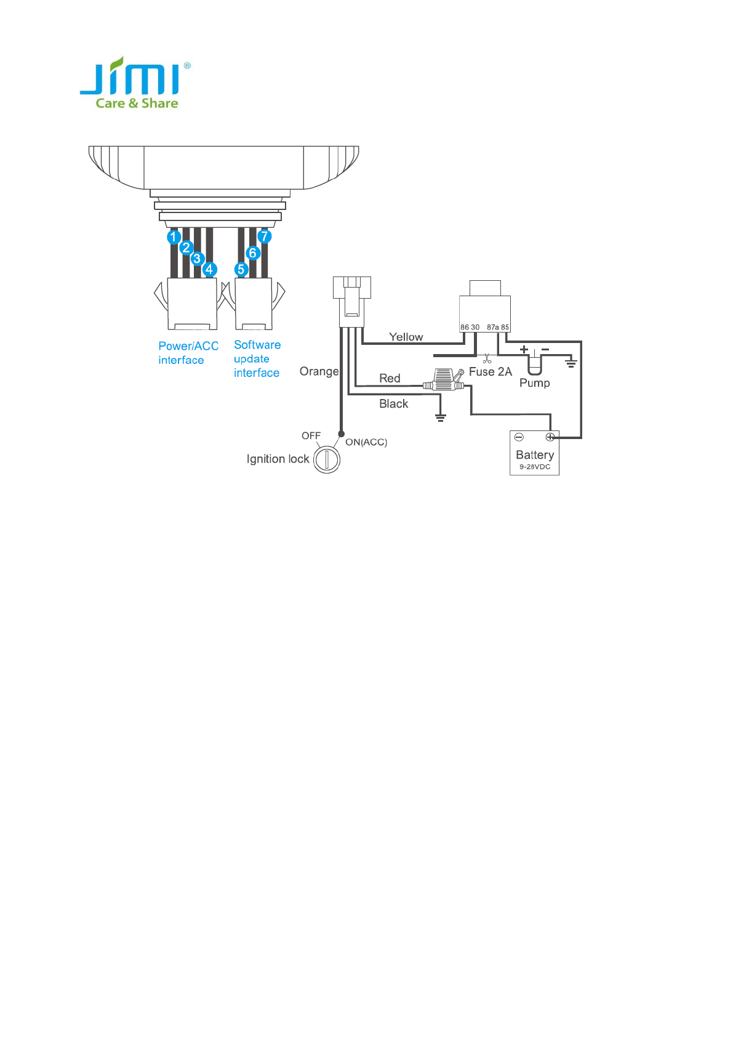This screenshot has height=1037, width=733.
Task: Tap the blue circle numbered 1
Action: (174, 236)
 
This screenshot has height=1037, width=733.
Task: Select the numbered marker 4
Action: (209, 269)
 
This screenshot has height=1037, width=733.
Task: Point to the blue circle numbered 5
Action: (241, 269)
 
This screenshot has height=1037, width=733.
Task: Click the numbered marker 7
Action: (265, 236)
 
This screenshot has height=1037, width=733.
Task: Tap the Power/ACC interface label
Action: (188, 353)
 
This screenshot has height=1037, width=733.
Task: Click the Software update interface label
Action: (257, 358)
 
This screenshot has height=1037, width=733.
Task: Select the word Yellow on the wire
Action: (406, 337)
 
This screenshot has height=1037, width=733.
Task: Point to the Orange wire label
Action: (318, 371)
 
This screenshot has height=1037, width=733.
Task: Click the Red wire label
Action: (390, 378)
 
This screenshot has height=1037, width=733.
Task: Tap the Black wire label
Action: (393, 403)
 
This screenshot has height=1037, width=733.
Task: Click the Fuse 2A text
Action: (490, 371)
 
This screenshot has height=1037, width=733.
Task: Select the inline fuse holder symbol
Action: (443, 380)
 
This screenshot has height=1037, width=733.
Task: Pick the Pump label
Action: (534, 382)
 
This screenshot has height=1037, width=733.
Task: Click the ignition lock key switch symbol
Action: (327, 459)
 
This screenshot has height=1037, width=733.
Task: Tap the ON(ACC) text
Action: (366, 442)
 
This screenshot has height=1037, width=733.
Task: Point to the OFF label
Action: (311, 435)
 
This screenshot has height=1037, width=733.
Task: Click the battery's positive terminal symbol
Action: (550, 437)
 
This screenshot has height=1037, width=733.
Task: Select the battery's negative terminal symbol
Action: (519, 437)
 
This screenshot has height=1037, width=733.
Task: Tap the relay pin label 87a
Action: (492, 328)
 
